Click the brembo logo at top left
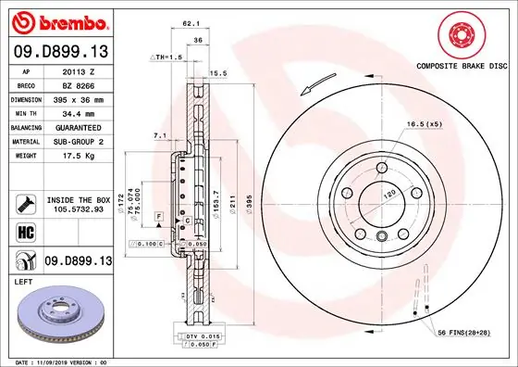(58, 20)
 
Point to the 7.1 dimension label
(159, 134)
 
